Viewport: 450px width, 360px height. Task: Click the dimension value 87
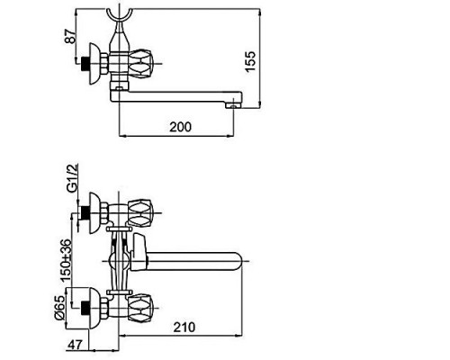tap(70, 36)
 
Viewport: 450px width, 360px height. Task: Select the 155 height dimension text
tap(250, 61)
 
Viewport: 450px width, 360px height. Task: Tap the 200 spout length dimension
tap(180, 127)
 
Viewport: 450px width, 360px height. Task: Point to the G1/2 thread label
tap(72, 178)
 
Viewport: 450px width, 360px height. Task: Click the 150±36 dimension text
tap(66, 260)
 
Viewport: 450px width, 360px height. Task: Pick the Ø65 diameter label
tap(58, 308)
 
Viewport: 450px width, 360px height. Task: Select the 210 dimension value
tap(184, 327)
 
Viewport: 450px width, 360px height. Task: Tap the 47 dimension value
tap(75, 345)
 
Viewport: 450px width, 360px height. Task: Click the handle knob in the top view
tap(140, 63)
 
